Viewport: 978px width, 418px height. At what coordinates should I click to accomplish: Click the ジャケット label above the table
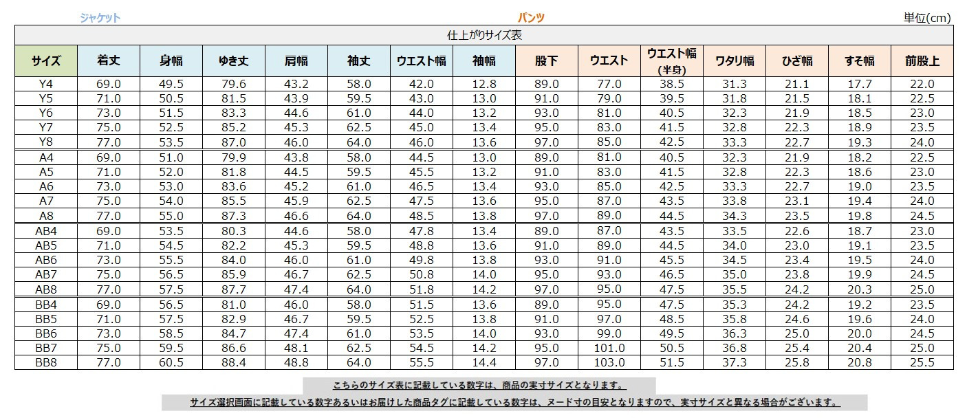pyautogui.click(x=100, y=19)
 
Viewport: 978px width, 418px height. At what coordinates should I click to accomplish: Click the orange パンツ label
pyautogui.click(x=531, y=19)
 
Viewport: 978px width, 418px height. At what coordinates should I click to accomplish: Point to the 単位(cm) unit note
pyautogui.click(x=926, y=19)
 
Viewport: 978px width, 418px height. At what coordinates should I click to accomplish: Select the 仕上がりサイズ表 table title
pyautogui.click(x=484, y=36)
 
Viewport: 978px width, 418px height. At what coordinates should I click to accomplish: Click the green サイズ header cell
pyautogui.click(x=45, y=61)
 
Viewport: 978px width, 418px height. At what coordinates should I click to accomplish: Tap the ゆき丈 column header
pyautogui.click(x=233, y=61)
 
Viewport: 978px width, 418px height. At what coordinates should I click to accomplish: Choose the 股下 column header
pyautogui.click(x=547, y=61)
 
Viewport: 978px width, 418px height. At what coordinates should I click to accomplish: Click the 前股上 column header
pyautogui.click(x=922, y=61)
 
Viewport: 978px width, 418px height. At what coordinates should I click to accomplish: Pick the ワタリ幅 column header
pyautogui.click(x=735, y=61)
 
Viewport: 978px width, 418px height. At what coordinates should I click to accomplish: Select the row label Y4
pyautogui.click(x=45, y=85)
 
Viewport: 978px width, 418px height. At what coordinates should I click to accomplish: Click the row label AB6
pyautogui.click(x=45, y=261)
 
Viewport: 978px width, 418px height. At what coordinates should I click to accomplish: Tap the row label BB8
pyautogui.click(x=45, y=363)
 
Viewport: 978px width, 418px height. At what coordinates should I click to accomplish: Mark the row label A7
pyautogui.click(x=45, y=201)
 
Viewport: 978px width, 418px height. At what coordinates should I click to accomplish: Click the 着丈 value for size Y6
pyautogui.click(x=109, y=113)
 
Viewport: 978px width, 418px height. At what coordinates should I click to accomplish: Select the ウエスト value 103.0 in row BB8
pyautogui.click(x=609, y=363)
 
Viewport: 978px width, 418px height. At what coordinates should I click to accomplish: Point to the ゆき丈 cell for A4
pyautogui.click(x=233, y=157)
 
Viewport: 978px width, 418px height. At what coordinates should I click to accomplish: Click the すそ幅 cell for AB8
pyautogui.click(x=860, y=289)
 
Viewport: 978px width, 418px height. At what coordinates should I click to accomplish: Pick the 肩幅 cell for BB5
pyautogui.click(x=296, y=319)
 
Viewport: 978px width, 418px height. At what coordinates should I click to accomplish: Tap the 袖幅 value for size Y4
pyautogui.click(x=484, y=85)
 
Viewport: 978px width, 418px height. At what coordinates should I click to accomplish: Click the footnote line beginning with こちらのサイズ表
pyautogui.click(x=479, y=386)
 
